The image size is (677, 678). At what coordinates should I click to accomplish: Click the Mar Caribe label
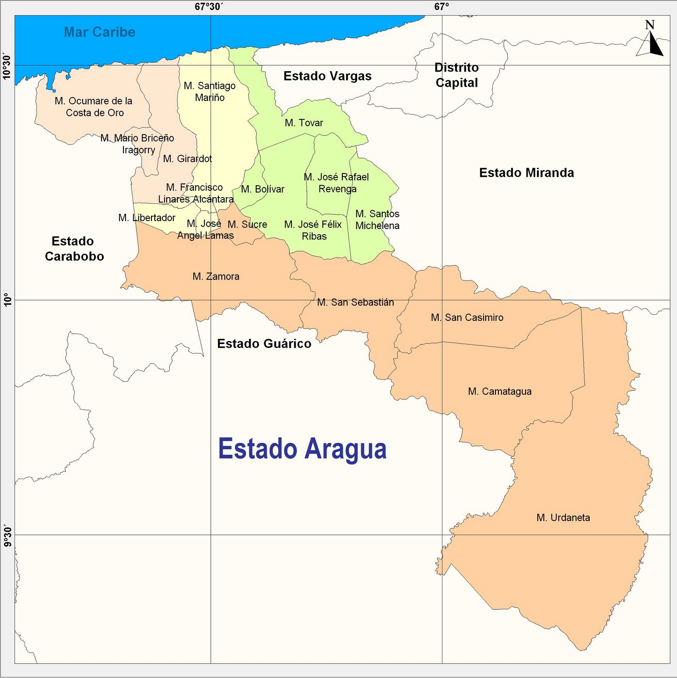(100, 32)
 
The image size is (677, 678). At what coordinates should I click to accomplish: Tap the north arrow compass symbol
(650, 41)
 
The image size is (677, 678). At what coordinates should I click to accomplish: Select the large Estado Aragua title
(302, 449)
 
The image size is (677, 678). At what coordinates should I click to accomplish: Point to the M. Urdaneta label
(563, 517)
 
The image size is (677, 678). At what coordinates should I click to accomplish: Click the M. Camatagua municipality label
(500, 392)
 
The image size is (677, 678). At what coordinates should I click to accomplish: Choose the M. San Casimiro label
(467, 317)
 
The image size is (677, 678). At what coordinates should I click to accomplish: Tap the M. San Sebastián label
(355, 302)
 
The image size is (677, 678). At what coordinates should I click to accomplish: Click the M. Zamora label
(216, 276)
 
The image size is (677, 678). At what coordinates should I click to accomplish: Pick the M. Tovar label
(304, 123)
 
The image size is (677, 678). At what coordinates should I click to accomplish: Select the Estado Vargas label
(327, 76)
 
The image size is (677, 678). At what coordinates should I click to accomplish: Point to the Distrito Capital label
(457, 75)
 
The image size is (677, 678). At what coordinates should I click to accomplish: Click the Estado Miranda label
(526, 173)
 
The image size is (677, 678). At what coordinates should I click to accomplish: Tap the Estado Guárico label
(264, 344)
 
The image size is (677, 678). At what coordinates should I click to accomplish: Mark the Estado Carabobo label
(74, 249)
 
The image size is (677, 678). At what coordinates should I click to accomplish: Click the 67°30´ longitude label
(209, 7)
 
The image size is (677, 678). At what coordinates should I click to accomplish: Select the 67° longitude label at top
(442, 7)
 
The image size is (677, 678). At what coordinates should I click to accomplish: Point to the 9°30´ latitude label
(7, 536)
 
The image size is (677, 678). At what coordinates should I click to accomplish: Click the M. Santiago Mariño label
(210, 92)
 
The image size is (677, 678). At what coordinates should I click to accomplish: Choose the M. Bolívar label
(263, 189)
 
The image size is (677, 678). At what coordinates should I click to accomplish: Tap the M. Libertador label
(147, 218)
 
